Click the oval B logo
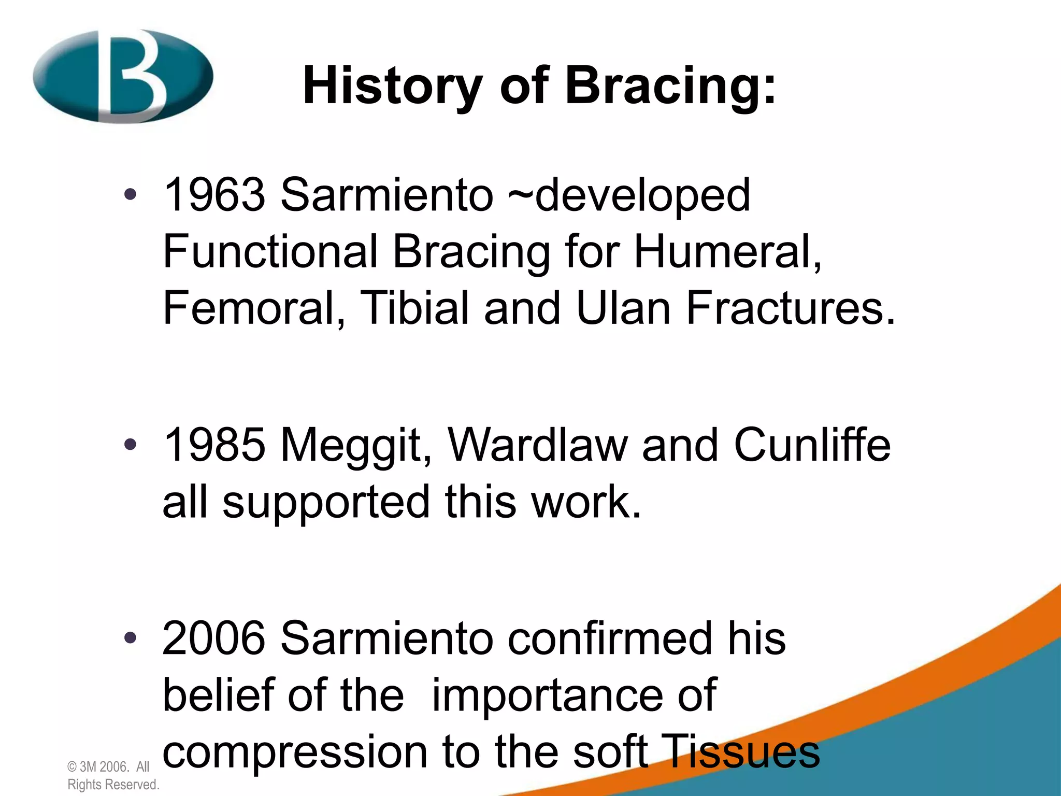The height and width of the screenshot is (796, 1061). pos(123,77)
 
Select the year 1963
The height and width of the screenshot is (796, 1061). pos(214,195)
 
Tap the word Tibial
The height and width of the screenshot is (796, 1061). pos(414,308)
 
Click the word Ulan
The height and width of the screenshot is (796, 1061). pos(623,308)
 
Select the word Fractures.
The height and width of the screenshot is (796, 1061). pos(791,308)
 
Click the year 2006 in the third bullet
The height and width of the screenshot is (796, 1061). pos(214,638)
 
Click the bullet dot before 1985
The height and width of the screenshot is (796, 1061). pos(130,445)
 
